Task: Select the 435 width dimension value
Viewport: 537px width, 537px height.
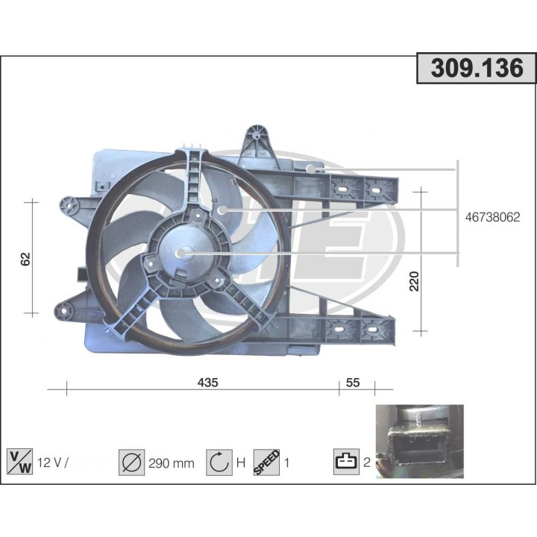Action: point(207,383)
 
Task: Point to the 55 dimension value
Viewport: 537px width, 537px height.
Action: point(353,383)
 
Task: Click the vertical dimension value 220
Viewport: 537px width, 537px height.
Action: point(415,280)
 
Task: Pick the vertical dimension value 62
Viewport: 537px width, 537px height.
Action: point(26,259)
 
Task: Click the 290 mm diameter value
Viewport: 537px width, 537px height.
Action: point(171,463)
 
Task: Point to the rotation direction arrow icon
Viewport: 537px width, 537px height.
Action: point(219,462)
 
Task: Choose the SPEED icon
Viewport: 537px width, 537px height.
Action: point(266,462)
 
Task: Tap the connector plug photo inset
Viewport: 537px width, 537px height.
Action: point(418,440)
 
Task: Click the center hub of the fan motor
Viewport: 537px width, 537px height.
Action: point(181,254)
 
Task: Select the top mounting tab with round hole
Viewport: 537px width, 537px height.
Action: point(258,135)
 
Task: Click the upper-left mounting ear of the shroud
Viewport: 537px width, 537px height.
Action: point(70,203)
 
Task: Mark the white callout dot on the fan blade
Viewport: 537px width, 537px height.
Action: point(222,211)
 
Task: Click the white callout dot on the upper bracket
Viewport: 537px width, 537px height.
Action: point(311,169)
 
